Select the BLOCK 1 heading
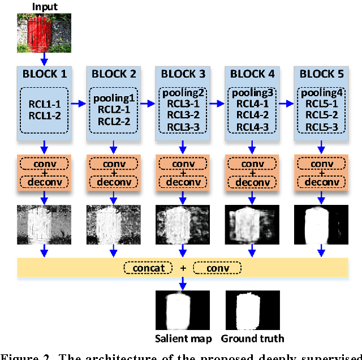(44, 74)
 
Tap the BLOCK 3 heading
(182, 74)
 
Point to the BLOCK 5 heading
(321, 74)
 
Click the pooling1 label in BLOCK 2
(113, 98)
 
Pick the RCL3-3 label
(182, 126)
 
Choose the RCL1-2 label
(44, 115)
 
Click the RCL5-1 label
(321, 104)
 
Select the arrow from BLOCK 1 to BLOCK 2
(79, 104)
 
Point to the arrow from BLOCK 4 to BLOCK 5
(286, 104)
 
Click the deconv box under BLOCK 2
(113, 182)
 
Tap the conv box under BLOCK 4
(252, 164)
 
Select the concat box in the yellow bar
(148, 267)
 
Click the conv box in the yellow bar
(217, 267)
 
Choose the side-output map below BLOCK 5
(321, 224)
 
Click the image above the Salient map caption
(182, 310)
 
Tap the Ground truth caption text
(252, 338)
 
